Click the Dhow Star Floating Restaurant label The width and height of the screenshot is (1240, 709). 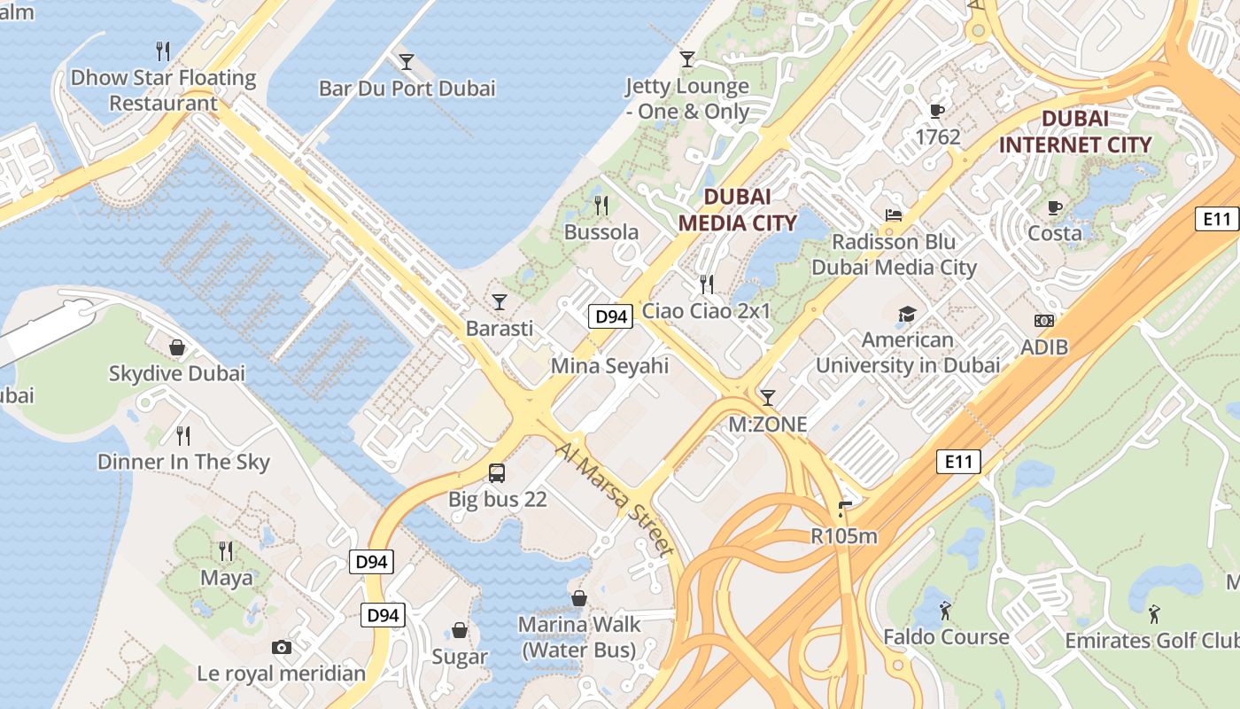163,90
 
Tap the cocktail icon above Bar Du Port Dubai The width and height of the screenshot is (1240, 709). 407,61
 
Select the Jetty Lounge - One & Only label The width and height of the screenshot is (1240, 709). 687,99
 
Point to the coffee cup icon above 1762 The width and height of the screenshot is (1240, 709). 937,111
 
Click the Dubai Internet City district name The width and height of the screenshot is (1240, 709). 1075,131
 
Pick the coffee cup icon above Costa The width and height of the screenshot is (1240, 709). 1054,208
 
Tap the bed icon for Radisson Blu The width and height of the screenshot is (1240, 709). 894,215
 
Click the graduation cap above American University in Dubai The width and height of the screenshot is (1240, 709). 907,314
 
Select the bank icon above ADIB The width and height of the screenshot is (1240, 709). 1044,321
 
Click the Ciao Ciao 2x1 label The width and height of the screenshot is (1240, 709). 706,311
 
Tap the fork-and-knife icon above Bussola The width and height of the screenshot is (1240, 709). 601,206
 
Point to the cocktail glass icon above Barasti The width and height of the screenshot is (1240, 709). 500,302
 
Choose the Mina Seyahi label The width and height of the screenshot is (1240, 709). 609,366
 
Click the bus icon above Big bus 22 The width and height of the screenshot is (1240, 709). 497,473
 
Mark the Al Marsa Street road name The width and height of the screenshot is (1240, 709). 616,501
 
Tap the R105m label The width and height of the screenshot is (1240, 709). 844,536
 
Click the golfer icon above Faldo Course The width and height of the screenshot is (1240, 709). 946,611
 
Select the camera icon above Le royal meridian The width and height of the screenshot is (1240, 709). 282,648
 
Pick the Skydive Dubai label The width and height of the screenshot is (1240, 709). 176,373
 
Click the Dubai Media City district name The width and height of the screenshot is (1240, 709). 738,210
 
